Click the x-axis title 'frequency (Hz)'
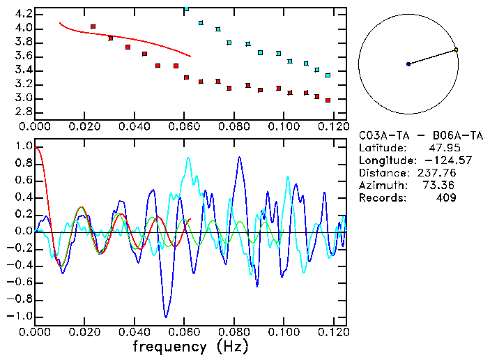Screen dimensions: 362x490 click(x=190, y=347)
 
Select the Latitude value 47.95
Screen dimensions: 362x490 click(x=440, y=148)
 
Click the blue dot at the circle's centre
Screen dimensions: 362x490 click(x=408, y=64)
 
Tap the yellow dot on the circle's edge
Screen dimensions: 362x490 click(x=456, y=50)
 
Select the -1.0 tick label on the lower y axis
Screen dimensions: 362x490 click(x=21, y=316)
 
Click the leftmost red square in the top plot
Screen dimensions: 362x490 click(x=93, y=27)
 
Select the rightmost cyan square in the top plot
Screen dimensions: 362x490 click(x=328, y=75)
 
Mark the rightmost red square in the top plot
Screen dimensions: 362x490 click(x=328, y=100)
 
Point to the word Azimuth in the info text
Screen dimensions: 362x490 click(x=381, y=186)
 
